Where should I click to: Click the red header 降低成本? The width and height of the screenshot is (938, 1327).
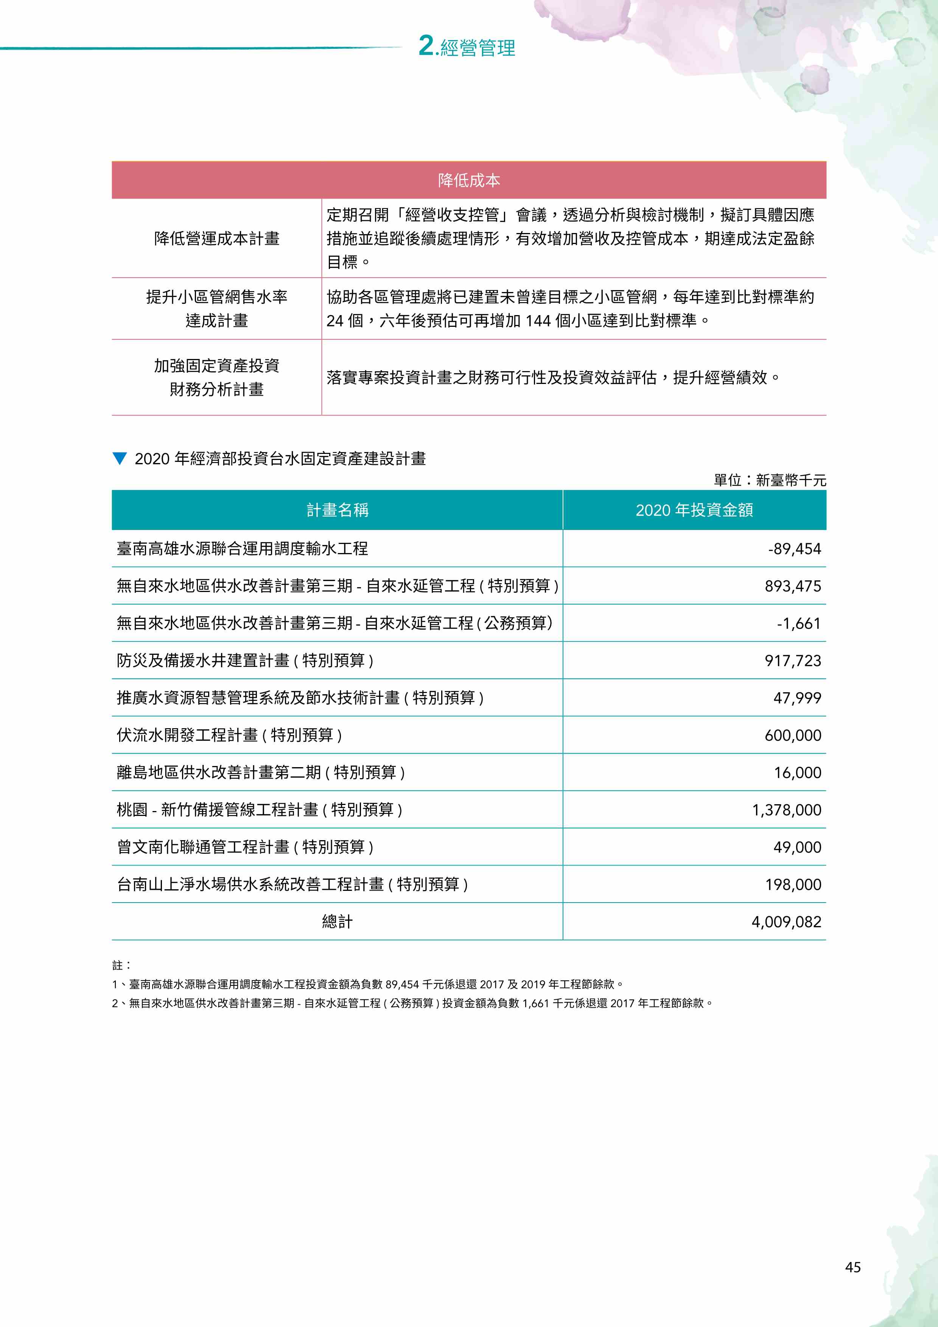click(469, 180)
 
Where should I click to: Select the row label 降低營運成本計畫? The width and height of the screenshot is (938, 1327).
click(217, 238)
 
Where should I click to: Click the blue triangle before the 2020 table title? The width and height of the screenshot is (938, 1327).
click(120, 459)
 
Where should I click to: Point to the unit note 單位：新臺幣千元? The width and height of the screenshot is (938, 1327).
click(770, 480)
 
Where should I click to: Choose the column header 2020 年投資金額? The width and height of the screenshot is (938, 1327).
click(694, 510)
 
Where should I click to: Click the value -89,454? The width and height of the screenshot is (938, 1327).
click(794, 549)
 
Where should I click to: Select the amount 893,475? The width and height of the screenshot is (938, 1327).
click(792, 586)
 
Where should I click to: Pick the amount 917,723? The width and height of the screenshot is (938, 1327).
click(792, 660)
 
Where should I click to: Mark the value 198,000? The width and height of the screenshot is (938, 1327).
click(793, 884)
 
